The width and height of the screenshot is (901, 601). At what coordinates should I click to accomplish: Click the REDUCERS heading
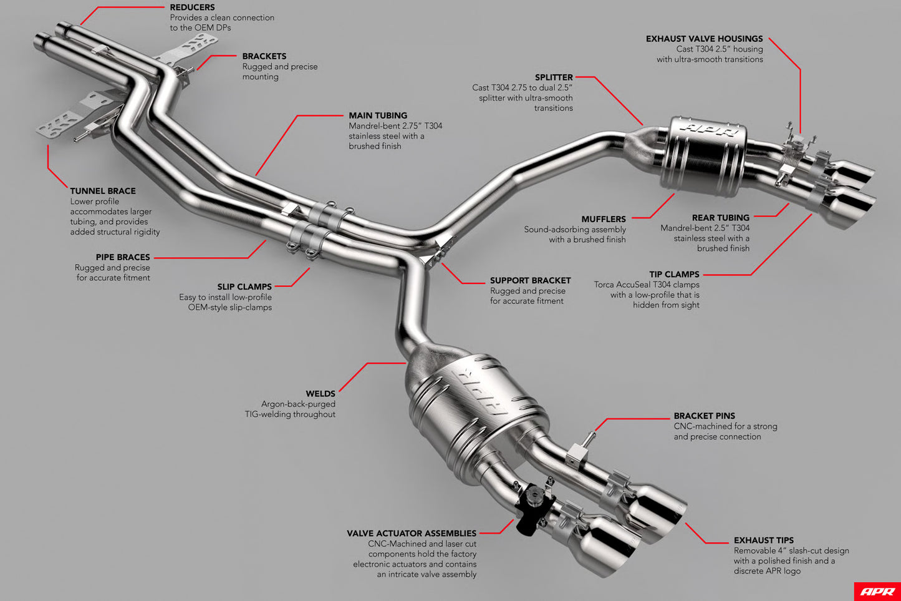(192, 7)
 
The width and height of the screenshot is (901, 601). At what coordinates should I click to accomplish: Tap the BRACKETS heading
(264, 56)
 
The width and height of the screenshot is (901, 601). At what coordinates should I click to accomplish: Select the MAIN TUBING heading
(378, 115)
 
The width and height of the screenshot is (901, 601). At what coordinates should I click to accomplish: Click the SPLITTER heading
(554, 77)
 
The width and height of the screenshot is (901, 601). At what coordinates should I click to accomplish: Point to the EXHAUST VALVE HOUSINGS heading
(705, 39)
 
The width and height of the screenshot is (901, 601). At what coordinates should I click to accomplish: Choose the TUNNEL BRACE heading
(103, 191)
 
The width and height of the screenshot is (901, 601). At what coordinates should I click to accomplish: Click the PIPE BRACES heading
(123, 257)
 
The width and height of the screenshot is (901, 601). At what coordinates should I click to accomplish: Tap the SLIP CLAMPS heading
(244, 287)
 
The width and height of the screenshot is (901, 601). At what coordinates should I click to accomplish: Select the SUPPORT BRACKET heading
(531, 281)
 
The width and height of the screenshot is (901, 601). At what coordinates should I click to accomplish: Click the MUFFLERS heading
(604, 220)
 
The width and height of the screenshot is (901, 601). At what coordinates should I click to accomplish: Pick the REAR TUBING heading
(721, 218)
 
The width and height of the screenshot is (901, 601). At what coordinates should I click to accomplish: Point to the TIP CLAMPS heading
(674, 275)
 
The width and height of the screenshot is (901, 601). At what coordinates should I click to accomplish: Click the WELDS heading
(320, 394)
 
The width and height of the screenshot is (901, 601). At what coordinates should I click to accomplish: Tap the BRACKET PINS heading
(705, 416)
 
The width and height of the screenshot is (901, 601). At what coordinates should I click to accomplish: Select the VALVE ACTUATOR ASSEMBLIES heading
(412, 534)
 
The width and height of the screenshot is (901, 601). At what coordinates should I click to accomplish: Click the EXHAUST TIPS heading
(764, 540)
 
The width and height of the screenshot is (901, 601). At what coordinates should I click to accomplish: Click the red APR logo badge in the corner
(877, 592)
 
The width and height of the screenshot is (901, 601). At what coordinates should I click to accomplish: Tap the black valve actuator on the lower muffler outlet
(532, 508)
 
